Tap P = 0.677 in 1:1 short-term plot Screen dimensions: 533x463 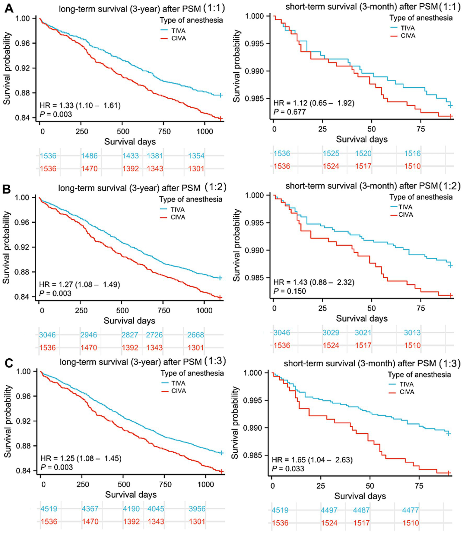[x=290, y=112]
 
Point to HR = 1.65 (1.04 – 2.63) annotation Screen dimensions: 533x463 [x=312, y=460]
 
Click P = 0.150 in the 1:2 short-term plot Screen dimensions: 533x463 [x=290, y=291]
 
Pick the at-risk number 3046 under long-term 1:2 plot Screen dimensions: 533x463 [x=47, y=335]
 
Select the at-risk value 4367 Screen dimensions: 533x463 [x=90, y=509]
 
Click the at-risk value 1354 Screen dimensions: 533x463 [x=196, y=156]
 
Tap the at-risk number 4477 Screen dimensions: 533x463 [x=411, y=510]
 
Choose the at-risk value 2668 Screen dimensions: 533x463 [x=196, y=335]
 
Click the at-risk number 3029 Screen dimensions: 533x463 [x=331, y=333]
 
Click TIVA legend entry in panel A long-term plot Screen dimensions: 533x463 [x=178, y=31]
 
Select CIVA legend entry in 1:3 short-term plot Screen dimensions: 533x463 [x=407, y=392]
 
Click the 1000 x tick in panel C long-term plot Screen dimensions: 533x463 [x=206, y=484]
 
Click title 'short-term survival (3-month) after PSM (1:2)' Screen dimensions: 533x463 [x=373, y=186]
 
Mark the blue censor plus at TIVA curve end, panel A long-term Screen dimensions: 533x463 [x=221, y=95]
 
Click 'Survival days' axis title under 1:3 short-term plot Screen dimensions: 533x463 [x=360, y=496]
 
